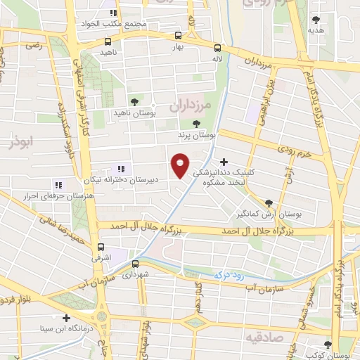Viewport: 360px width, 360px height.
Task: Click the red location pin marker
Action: click(x=180, y=165)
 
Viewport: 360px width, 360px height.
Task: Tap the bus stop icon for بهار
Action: click(x=178, y=34)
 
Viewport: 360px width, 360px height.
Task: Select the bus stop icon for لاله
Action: click(x=217, y=49)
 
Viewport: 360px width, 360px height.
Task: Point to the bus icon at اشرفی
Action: click(x=103, y=247)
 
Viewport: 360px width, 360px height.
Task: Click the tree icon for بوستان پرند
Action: click(x=195, y=123)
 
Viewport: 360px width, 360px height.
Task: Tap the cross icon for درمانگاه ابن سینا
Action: click(x=66, y=318)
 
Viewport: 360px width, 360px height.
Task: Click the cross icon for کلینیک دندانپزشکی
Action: click(x=224, y=162)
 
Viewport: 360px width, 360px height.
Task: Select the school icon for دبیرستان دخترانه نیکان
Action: click(x=120, y=169)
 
